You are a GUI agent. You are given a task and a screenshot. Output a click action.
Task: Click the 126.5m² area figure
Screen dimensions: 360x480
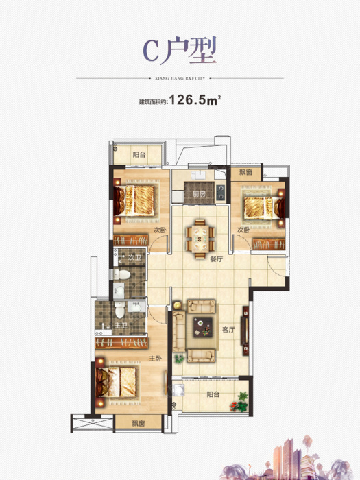tap(195, 100)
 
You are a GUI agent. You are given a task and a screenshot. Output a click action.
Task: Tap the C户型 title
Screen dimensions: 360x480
tap(180, 50)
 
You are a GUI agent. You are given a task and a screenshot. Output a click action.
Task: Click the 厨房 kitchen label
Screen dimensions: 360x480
tap(199, 194)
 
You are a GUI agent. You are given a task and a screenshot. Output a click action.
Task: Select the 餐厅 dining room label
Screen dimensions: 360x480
tap(217, 259)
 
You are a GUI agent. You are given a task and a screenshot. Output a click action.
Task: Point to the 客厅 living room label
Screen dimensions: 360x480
tap(228, 330)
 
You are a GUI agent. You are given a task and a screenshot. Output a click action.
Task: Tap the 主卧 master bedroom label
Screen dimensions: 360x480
tap(155, 358)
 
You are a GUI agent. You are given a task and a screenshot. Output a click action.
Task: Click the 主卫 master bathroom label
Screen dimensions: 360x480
tap(121, 325)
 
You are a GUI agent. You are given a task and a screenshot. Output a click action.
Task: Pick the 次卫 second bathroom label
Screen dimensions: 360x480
tap(134, 258)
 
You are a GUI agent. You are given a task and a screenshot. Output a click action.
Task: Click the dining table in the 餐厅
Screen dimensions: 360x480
tap(200, 239)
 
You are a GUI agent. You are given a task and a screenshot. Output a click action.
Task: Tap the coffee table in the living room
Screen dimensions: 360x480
tap(203, 327)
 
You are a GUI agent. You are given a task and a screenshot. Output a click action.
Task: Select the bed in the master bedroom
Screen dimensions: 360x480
tap(117, 383)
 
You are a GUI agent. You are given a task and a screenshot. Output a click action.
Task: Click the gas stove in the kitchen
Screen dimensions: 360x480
tap(220, 193)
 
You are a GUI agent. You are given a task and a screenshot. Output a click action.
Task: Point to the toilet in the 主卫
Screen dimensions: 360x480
tap(120, 309)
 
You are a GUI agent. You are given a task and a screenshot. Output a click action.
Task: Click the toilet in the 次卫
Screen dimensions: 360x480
tap(122, 274)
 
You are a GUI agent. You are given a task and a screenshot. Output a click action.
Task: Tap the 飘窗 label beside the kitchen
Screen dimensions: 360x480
tap(245, 172)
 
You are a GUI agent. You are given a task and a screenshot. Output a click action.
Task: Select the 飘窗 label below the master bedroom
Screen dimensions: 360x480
tap(139, 423)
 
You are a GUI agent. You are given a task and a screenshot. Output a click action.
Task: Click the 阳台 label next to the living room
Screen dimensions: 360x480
tap(213, 394)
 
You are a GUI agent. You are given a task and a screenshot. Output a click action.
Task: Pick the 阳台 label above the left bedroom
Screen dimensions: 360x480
tap(139, 154)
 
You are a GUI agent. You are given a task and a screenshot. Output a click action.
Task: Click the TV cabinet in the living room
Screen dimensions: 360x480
tap(245, 331)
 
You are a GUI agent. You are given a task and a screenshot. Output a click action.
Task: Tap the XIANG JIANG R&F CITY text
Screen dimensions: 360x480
tap(180, 78)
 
